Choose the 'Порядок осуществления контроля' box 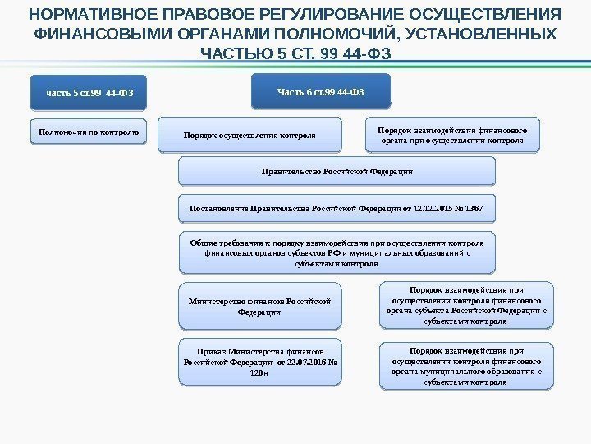[x=249, y=135]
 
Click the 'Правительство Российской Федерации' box [x=337, y=172]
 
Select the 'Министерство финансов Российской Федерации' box [x=259, y=306]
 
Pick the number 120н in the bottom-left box [x=259, y=372]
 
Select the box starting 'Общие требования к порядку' [x=337, y=254]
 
